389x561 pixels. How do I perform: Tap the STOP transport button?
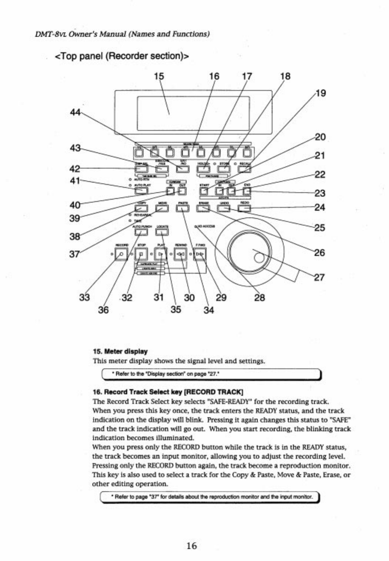click(141, 254)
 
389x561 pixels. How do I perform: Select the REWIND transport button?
click(180, 254)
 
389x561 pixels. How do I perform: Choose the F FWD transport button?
click(200, 254)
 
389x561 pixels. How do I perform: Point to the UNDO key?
click(224, 209)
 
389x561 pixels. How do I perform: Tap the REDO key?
click(244, 209)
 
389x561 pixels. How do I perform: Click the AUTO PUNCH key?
click(141, 232)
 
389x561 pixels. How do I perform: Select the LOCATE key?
click(162, 232)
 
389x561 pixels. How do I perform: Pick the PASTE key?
click(182, 209)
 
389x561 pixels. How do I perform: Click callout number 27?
click(319, 277)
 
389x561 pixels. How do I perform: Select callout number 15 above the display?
click(159, 76)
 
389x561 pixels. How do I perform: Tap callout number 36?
click(103, 310)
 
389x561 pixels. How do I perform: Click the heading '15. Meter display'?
click(120, 351)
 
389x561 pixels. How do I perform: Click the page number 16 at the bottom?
click(192, 545)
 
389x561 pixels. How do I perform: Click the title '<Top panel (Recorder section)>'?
click(122, 56)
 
